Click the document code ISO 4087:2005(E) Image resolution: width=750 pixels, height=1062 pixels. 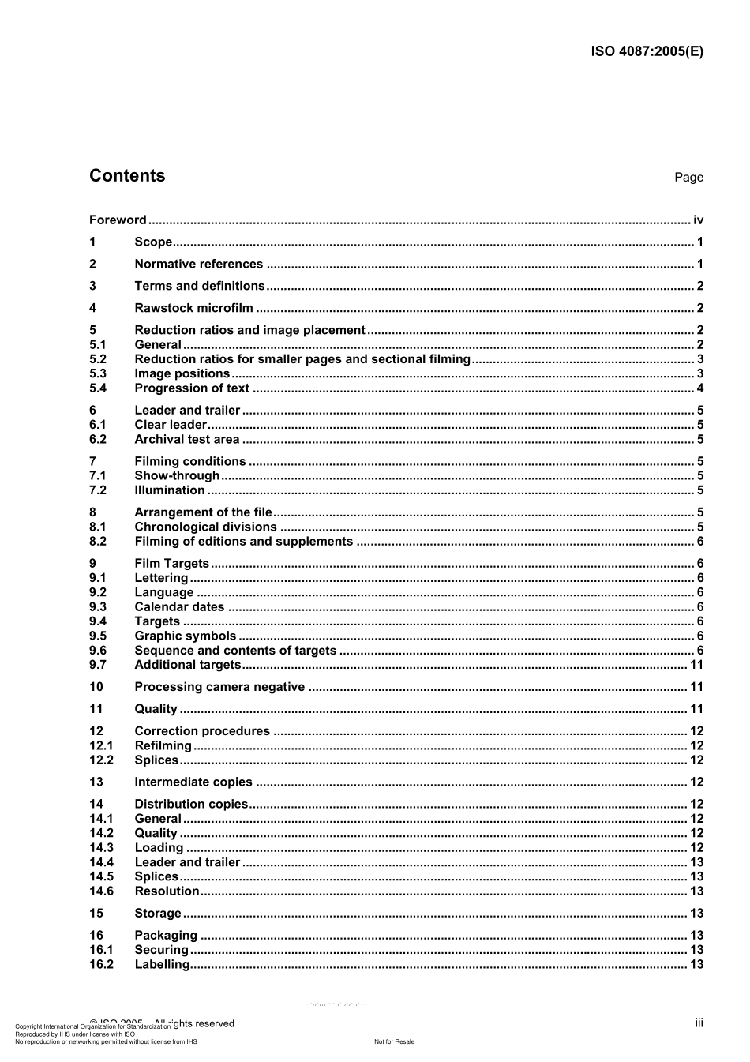click(x=647, y=52)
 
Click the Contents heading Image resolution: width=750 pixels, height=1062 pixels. click(x=127, y=176)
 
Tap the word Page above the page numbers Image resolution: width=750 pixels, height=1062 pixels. click(x=688, y=178)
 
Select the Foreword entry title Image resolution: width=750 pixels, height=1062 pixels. click(x=118, y=220)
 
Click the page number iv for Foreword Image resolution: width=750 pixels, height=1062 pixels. click(x=698, y=220)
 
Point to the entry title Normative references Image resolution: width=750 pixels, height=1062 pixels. click(x=198, y=265)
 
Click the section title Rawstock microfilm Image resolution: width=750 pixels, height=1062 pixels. click(x=193, y=309)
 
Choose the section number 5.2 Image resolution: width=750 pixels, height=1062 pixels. click(x=98, y=359)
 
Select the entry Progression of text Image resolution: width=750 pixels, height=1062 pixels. click(x=192, y=388)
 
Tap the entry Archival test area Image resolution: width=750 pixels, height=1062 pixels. click(x=186, y=440)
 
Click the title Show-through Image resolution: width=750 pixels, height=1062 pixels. click(x=177, y=476)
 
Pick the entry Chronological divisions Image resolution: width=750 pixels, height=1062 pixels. click(x=205, y=527)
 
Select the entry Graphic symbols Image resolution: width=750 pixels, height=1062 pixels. click(x=185, y=636)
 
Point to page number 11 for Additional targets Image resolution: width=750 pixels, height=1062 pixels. click(x=696, y=665)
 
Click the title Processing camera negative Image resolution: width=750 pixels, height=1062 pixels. click(x=219, y=687)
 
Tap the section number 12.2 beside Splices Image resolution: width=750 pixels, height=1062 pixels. click(x=101, y=760)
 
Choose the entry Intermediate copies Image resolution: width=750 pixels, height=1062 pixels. click(x=193, y=782)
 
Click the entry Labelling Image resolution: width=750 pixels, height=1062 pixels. click(x=162, y=965)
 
